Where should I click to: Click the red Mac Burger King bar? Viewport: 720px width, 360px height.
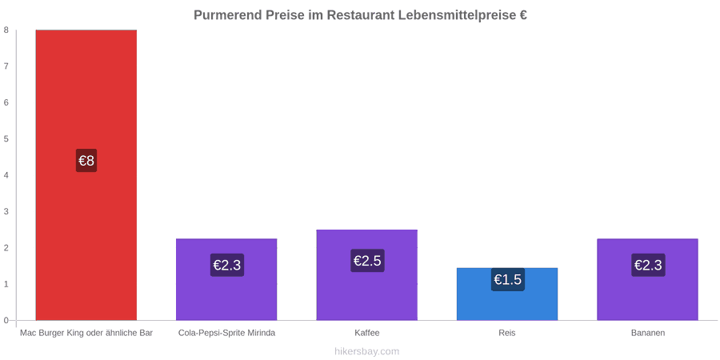click(86, 175)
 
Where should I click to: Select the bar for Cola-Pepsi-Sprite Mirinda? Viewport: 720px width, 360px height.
click(226, 279)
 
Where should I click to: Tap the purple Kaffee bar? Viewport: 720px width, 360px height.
click(367, 275)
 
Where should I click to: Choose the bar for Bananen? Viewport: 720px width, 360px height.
click(647, 279)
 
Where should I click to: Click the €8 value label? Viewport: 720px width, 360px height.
click(86, 161)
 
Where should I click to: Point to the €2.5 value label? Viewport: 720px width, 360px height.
click(367, 261)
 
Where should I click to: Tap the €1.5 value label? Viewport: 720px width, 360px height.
click(508, 279)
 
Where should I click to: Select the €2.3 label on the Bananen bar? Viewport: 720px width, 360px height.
click(648, 265)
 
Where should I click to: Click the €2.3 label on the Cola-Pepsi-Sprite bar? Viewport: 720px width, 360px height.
click(227, 265)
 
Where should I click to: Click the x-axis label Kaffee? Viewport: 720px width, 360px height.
click(367, 334)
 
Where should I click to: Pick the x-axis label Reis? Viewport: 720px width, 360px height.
click(507, 334)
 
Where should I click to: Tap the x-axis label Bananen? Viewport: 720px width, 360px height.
click(647, 334)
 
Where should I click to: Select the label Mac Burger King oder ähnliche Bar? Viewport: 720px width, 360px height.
click(86, 334)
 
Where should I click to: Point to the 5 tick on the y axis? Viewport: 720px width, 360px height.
click(6, 138)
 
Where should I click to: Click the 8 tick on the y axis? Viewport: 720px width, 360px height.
click(6, 30)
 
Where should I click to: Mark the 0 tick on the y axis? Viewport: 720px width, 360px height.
click(6, 320)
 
